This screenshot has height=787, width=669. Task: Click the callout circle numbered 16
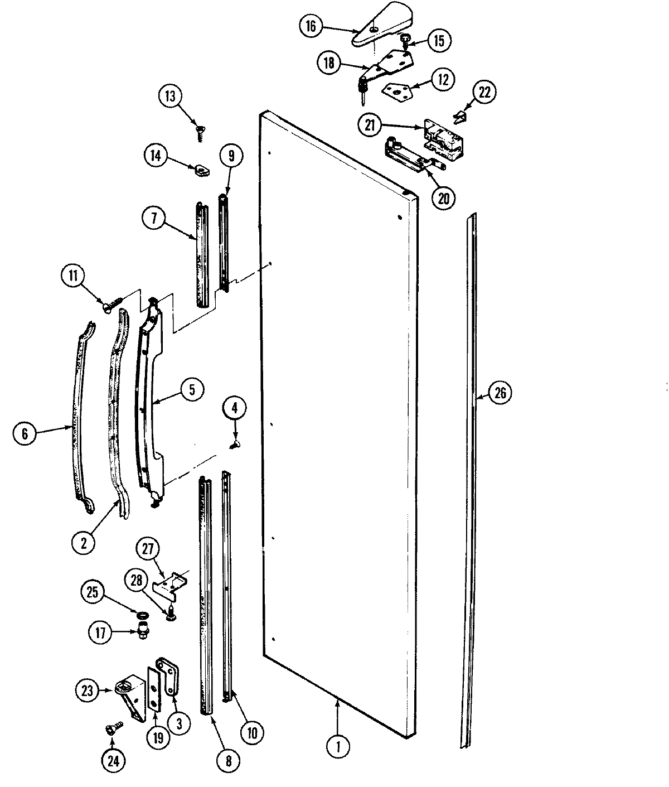click(x=311, y=26)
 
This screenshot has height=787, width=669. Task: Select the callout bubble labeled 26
click(x=500, y=393)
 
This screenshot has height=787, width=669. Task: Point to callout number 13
click(x=170, y=96)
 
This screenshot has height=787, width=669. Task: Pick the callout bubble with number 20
click(x=443, y=198)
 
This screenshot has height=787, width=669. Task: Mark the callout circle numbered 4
click(x=235, y=408)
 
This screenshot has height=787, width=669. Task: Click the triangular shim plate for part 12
click(x=397, y=88)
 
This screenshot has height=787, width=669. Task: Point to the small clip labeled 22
click(x=460, y=116)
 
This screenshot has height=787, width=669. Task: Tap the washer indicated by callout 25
click(x=142, y=615)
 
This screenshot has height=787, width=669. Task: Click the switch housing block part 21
click(x=443, y=137)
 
